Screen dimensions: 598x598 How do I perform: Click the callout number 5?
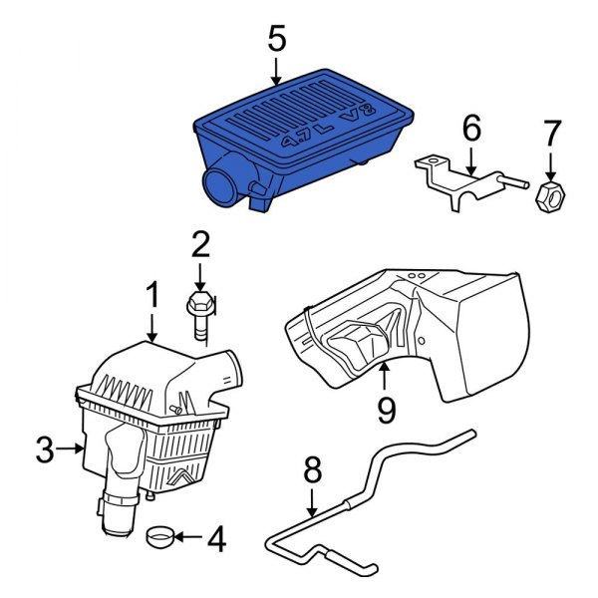point(277,39)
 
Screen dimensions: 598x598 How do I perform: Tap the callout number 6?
point(471,129)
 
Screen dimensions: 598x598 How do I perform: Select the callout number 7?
point(552,134)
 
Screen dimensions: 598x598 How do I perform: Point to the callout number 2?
point(200,245)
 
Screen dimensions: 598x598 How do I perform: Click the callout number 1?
point(152,294)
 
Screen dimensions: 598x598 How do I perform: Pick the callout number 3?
point(45,450)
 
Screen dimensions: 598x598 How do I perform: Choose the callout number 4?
point(216,539)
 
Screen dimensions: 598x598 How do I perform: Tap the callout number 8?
point(313,469)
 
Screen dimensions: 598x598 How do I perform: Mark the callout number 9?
point(387,410)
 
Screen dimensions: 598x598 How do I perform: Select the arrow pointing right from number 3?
point(70,448)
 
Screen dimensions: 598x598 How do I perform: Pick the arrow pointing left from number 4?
point(188,537)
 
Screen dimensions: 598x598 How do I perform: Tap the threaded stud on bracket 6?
point(514,181)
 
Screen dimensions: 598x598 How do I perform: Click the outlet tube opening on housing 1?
point(234,369)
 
